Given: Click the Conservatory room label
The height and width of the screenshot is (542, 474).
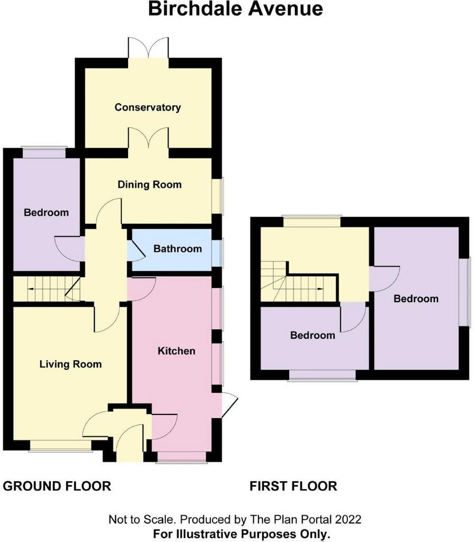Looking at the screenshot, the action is (148, 107).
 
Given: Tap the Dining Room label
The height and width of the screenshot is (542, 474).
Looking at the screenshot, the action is (149, 185).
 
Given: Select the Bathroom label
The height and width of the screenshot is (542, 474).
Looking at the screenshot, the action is (177, 249).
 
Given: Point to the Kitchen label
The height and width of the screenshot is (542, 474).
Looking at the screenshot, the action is (176, 351).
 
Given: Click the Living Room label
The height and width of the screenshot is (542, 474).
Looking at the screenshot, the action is (70, 364).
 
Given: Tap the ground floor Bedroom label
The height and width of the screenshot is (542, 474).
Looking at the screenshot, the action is (47, 212).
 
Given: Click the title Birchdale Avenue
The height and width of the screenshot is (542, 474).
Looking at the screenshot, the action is (236, 8).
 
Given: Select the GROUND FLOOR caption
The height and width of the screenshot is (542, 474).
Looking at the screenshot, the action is (57, 486).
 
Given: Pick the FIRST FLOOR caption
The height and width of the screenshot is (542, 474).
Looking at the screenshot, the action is (293, 486).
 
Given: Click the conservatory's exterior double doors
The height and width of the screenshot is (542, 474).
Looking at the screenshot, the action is (148, 48).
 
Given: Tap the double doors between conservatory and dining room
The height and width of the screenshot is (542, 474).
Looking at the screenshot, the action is (148, 139).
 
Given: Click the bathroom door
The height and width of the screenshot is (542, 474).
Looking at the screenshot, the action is (137, 250).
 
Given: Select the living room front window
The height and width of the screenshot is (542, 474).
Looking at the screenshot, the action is (60, 446).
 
